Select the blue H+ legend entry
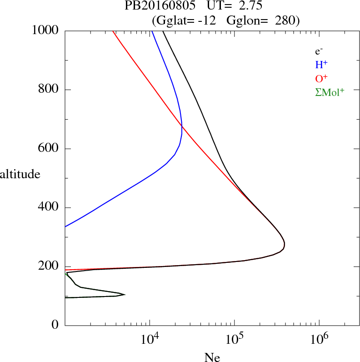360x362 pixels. coord(320,65)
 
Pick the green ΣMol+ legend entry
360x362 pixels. coord(330,92)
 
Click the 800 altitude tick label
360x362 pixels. coord(49,90)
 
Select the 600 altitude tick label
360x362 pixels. coord(49,149)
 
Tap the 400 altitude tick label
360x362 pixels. coord(49,208)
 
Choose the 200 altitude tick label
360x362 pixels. coord(49,266)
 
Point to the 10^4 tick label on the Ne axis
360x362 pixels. coord(150,339)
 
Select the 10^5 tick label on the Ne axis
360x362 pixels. coord(234,339)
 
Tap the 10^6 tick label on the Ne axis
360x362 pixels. coord(319,339)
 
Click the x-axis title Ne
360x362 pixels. coord(212,357)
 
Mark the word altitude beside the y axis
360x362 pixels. coord(20,174)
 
